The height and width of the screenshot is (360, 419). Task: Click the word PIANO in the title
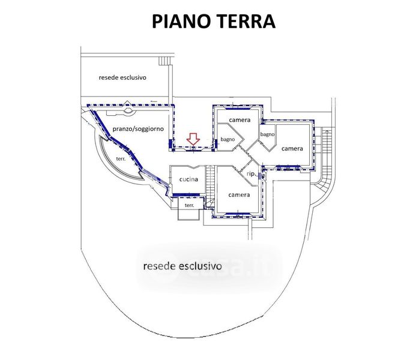(x=181, y=22)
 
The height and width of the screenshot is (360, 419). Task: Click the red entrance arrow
(x=193, y=139)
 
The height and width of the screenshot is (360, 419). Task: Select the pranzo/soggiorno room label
(x=138, y=129)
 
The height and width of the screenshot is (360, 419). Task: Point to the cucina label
(x=188, y=179)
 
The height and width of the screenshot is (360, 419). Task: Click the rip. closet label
(x=251, y=174)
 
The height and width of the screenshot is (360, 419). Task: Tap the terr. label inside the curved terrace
(x=121, y=158)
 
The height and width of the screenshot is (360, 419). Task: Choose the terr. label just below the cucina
(x=190, y=206)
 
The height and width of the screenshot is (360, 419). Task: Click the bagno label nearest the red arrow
(x=228, y=139)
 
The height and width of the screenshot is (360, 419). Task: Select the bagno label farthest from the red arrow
(x=268, y=134)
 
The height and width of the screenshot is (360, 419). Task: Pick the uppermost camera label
(x=240, y=120)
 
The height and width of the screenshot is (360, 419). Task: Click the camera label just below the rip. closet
(x=239, y=195)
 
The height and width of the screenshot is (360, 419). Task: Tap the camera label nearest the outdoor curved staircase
(x=292, y=148)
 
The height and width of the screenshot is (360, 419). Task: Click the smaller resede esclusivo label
(x=122, y=77)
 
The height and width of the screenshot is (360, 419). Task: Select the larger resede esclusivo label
(x=182, y=266)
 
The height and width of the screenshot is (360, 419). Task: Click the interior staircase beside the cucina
(x=210, y=187)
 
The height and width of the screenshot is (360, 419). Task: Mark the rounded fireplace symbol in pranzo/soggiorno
(x=128, y=112)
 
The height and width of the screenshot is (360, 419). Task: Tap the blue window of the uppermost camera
(x=238, y=108)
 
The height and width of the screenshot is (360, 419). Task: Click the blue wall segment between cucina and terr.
(x=186, y=194)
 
